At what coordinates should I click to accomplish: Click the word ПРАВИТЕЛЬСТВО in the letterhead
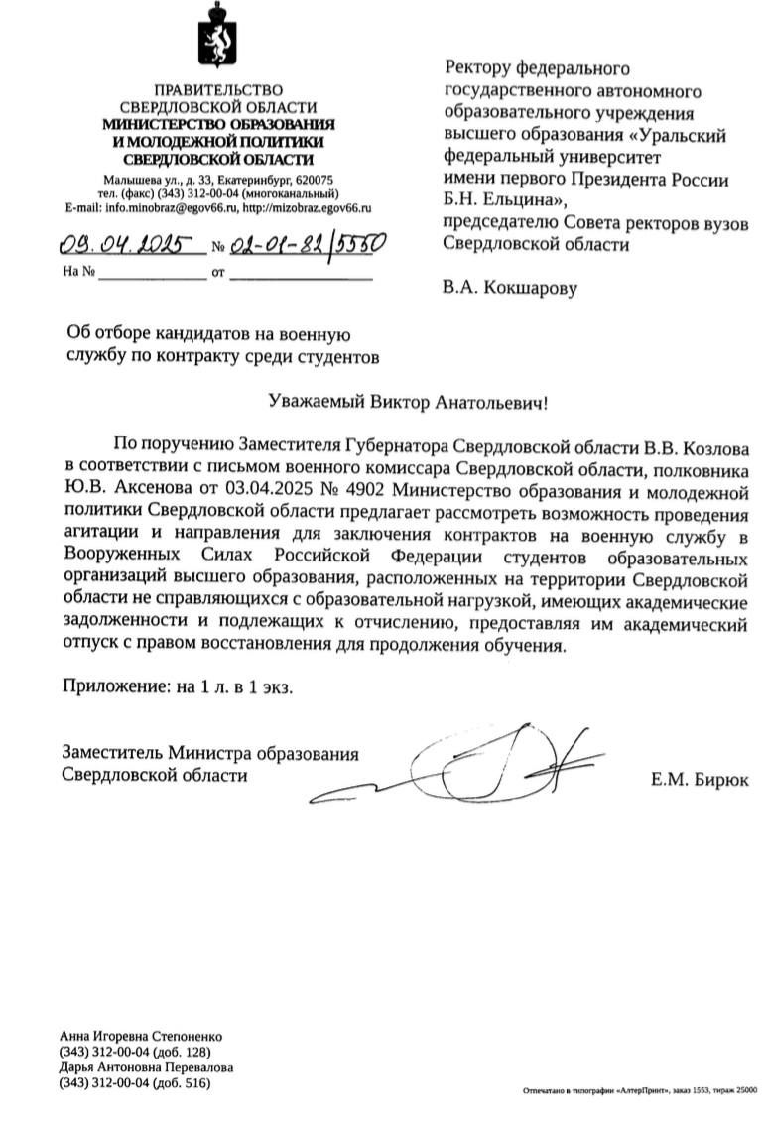point(217,92)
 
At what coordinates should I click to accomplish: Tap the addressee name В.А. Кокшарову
point(508,289)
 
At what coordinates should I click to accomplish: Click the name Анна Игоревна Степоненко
point(141,1036)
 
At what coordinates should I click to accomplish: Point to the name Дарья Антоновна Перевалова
point(147,1067)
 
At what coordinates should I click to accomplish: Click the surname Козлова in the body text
point(713,442)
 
